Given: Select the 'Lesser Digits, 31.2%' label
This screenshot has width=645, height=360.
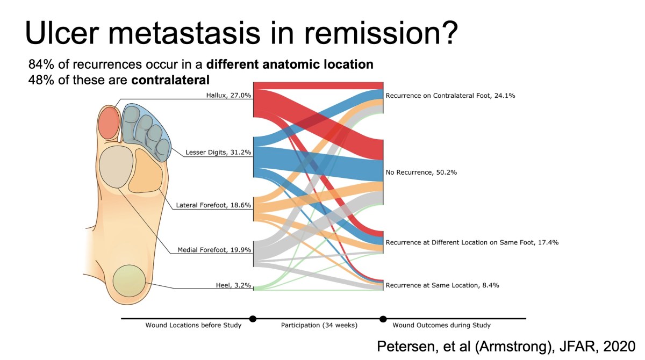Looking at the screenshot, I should [218, 152].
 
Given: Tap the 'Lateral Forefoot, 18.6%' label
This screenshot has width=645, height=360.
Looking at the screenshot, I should [214, 205].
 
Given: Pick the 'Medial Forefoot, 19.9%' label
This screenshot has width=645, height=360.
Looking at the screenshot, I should [214, 249].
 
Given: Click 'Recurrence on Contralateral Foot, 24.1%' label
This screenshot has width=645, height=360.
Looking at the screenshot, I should [450, 96].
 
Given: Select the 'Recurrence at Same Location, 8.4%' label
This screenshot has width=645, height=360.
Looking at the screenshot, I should [442, 285].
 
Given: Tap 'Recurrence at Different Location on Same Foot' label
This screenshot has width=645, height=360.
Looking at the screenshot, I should [472, 242].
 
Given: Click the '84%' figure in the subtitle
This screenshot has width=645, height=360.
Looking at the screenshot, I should [41, 64].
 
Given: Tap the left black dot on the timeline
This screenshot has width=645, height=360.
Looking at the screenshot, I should [253, 319].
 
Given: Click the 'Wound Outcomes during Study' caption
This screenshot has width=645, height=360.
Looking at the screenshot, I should [441, 325].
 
